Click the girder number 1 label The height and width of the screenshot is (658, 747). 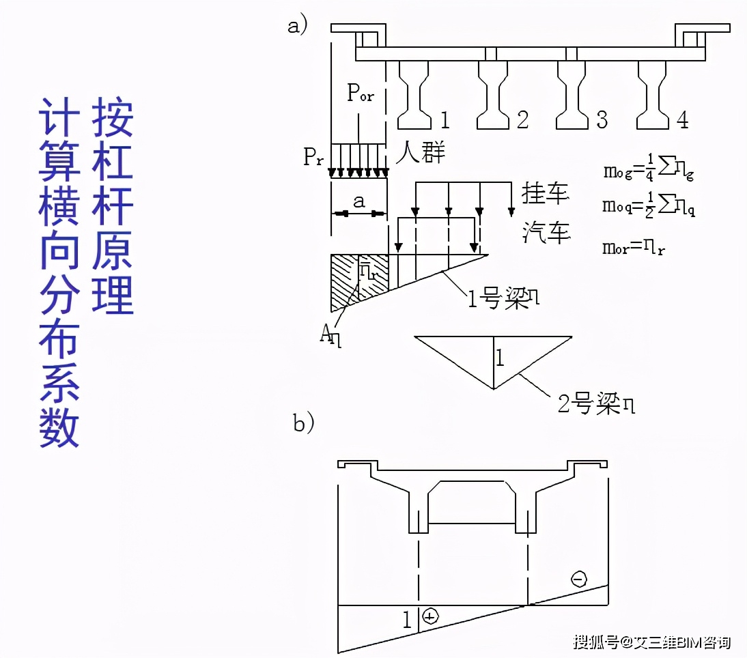click(445, 120)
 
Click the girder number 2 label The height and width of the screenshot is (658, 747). click(522, 120)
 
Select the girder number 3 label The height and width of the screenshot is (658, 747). click(602, 120)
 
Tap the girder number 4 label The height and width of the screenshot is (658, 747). click(682, 120)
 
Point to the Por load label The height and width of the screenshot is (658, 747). click(360, 94)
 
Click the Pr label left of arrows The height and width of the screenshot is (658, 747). click(315, 158)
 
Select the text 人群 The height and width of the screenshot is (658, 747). click(421, 152)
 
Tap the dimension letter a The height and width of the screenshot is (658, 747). click(359, 201)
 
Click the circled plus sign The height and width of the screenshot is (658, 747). click(430, 616)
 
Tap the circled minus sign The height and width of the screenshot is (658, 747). click(578, 580)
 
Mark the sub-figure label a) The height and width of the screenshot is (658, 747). click(298, 25)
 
